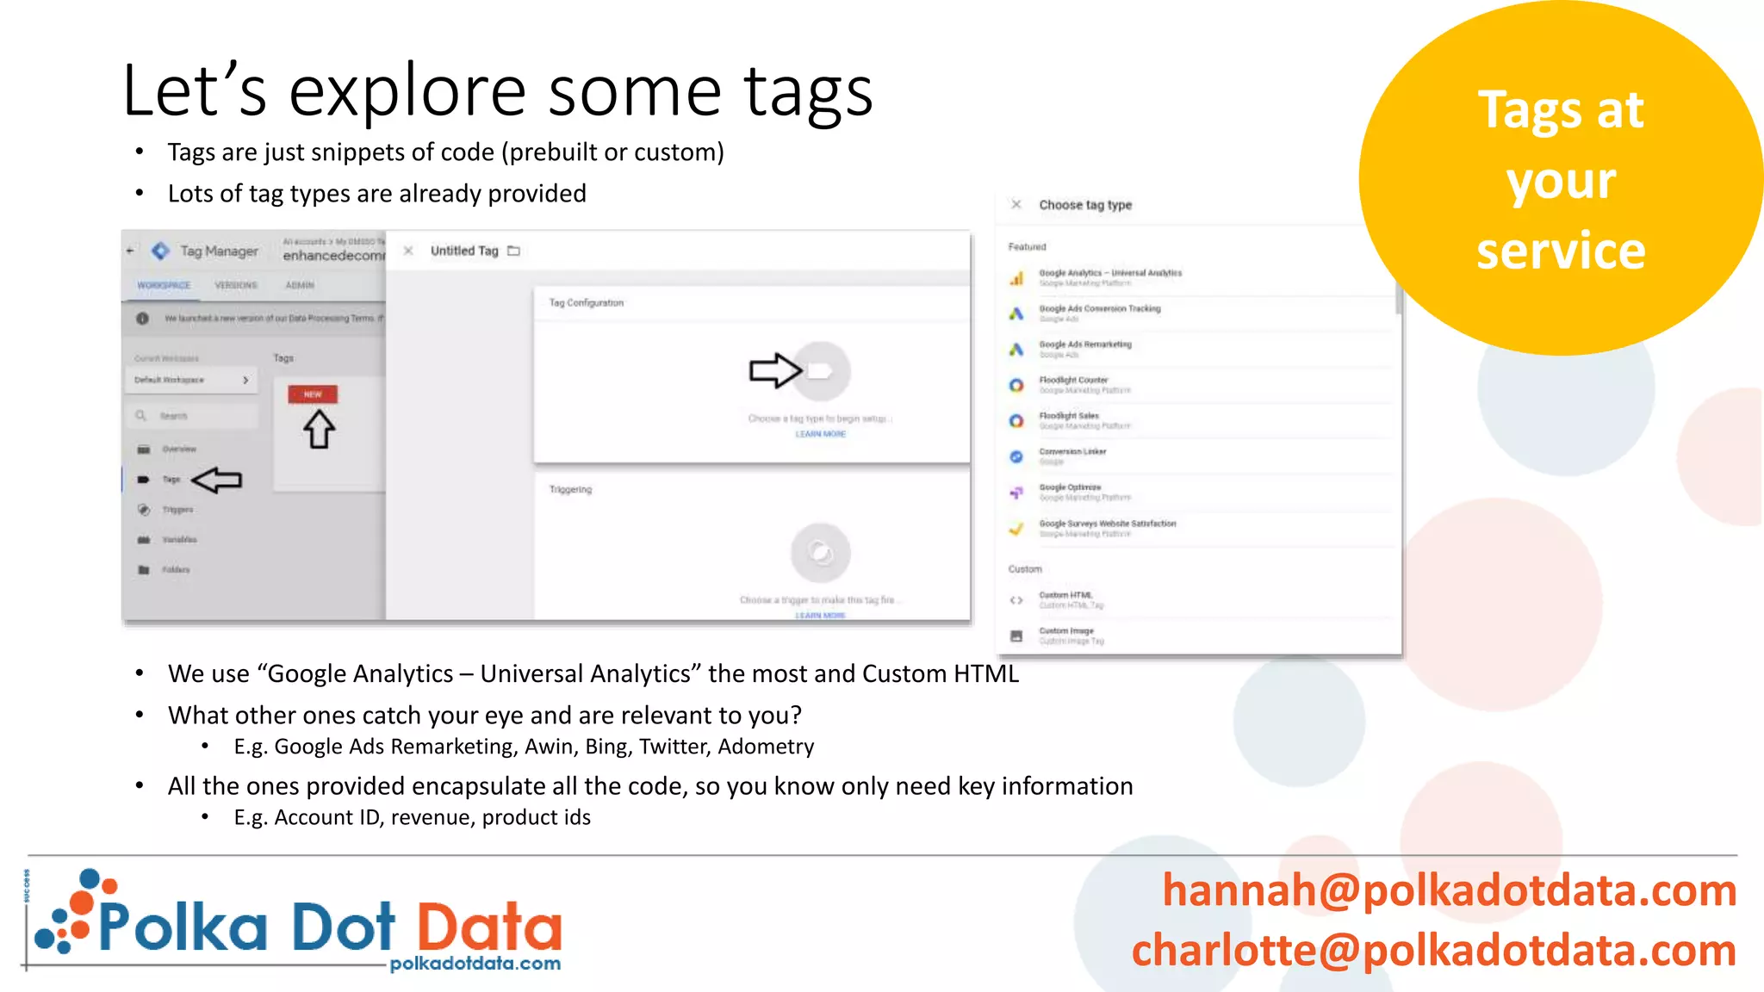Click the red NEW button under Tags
tap(313, 394)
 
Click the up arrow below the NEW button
tap(319, 429)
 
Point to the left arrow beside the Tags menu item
tap(216, 480)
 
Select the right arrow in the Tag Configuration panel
tap(775, 371)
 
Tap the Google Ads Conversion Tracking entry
tap(1099, 309)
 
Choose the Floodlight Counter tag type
tap(1073, 381)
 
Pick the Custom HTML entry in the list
tap(1065, 596)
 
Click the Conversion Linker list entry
tap(1072, 452)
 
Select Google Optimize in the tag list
tap(1070, 488)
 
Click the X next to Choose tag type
tap(1016, 205)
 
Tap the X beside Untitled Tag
tap(408, 251)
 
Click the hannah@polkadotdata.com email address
tap(1449, 890)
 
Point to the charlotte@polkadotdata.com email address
tap(1433, 951)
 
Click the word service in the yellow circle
tap(1561, 251)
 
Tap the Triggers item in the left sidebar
tap(177, 510)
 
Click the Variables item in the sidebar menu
tap(179, 540)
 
